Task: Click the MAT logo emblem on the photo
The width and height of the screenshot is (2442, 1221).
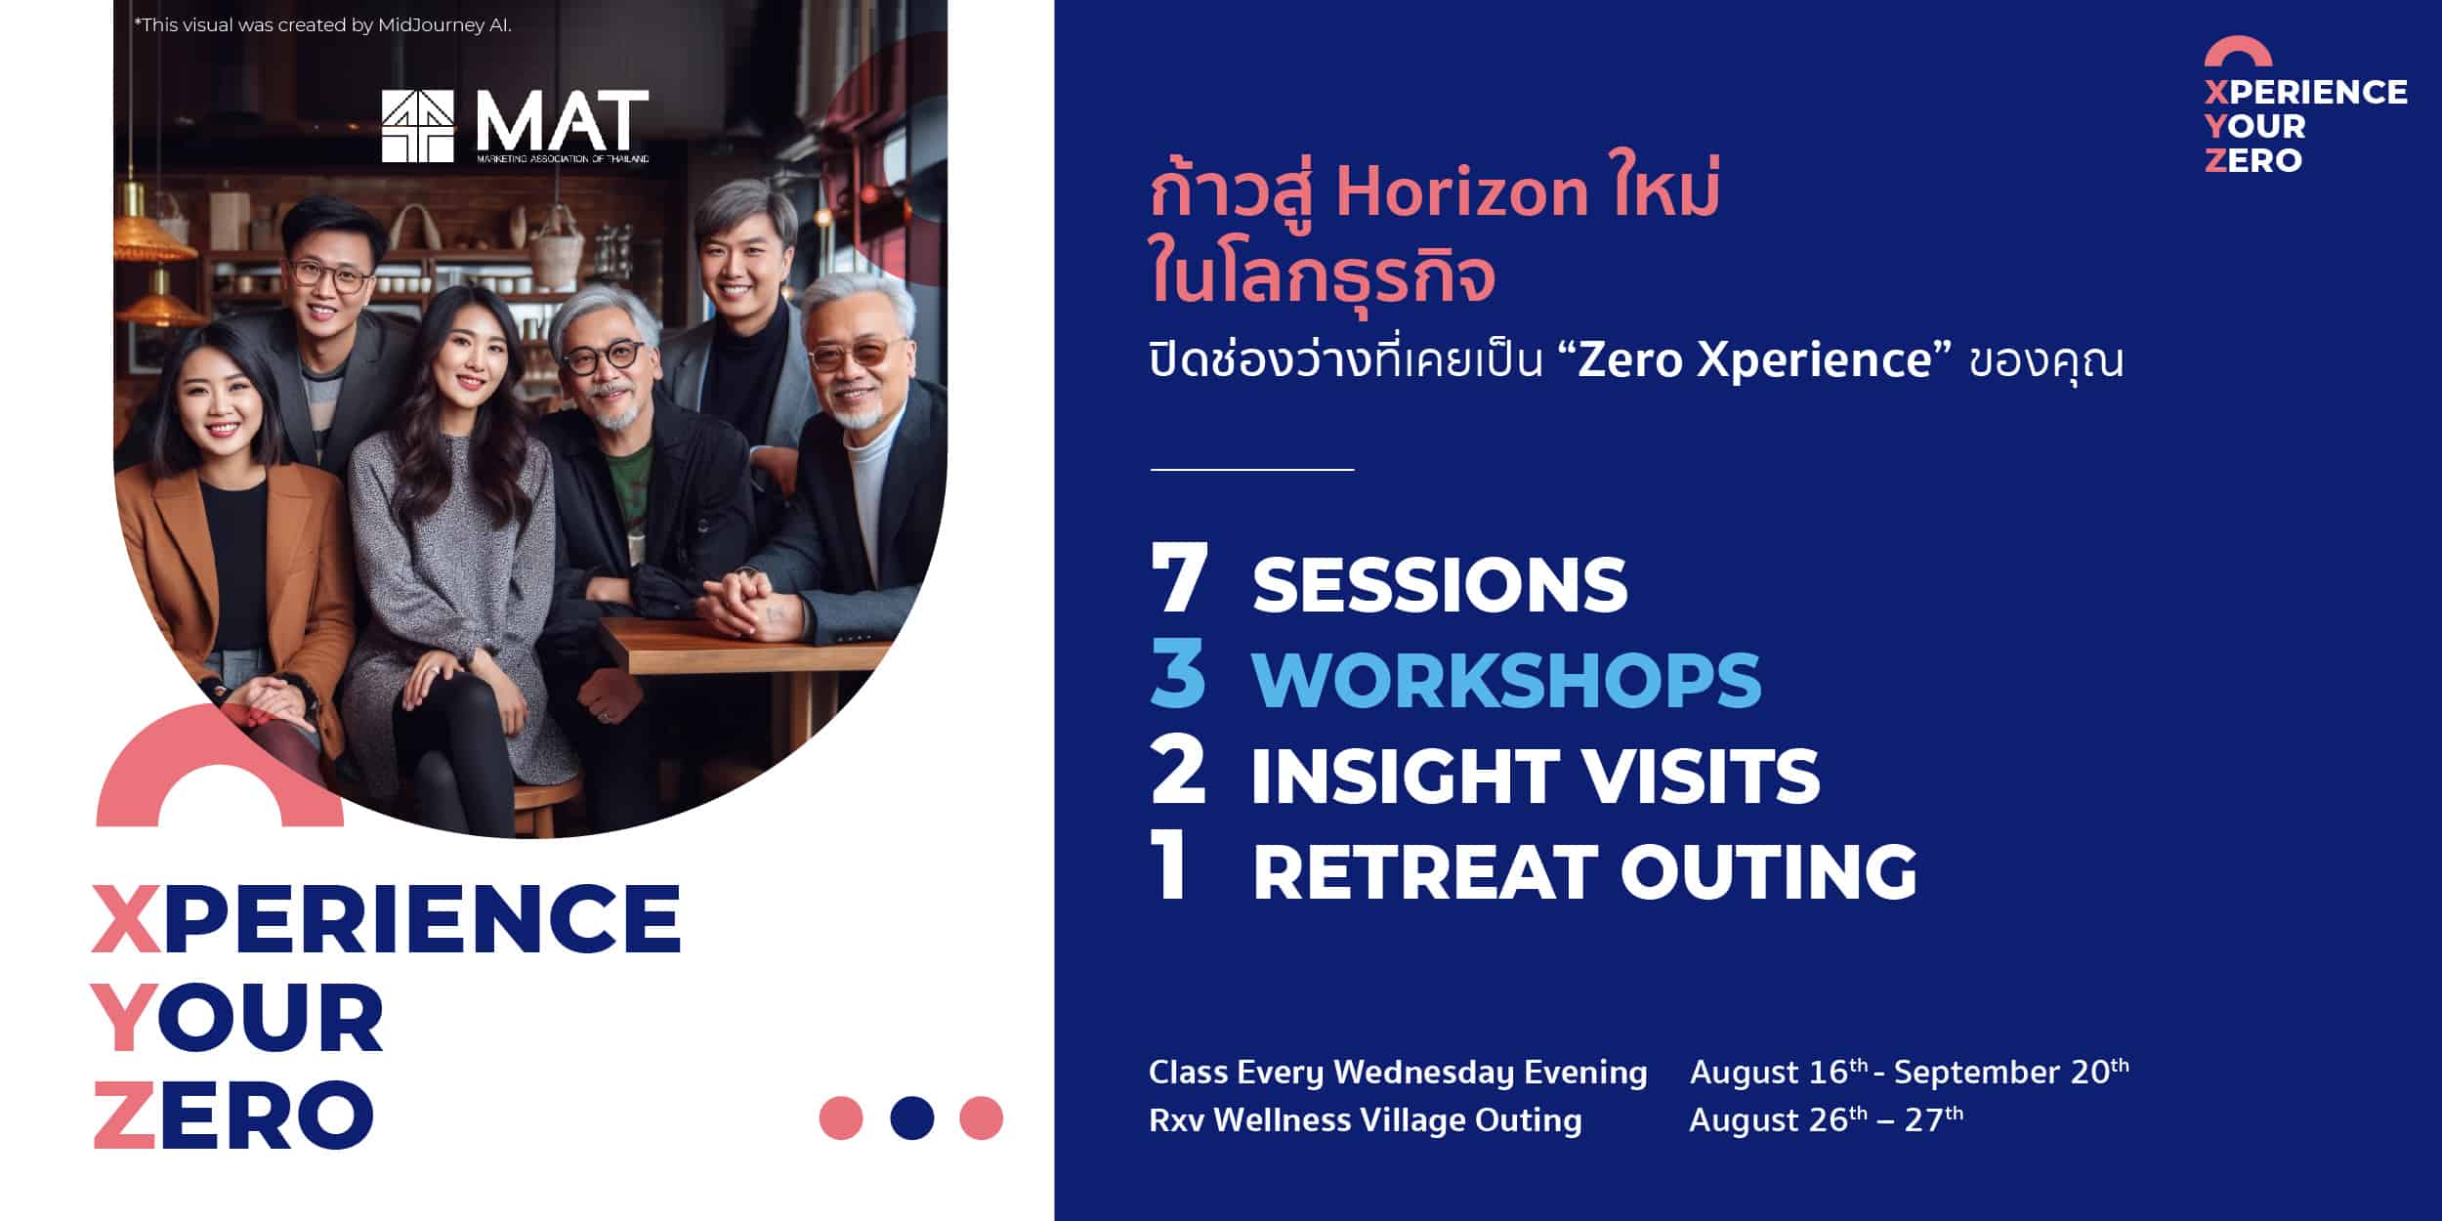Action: [418, 126]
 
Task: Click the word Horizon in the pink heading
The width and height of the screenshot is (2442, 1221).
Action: [1462, 192]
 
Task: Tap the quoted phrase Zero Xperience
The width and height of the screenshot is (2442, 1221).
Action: [1754, 360]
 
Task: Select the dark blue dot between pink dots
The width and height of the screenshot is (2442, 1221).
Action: [912, 1117]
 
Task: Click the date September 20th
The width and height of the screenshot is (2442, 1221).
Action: [2011, 1071]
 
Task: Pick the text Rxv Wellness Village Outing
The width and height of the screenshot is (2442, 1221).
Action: [1365, 1119]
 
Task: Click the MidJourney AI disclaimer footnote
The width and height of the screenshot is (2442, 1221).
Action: [322, 25]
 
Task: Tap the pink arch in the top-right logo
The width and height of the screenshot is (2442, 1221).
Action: [2238, 50]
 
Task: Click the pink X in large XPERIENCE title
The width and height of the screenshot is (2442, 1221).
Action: [126, 918]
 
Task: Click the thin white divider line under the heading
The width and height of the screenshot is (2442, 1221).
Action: [1252, 470]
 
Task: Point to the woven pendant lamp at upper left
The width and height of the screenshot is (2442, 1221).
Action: [154, 235]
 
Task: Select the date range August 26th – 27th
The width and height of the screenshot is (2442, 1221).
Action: [1826, 1118]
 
